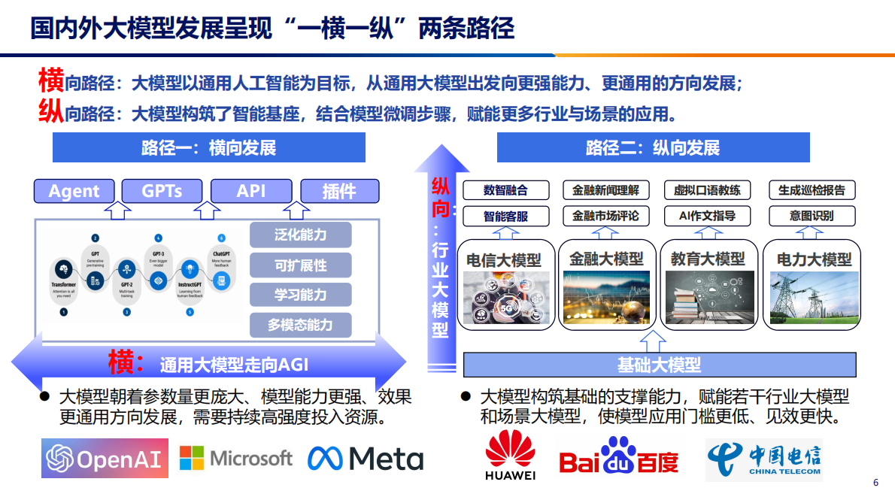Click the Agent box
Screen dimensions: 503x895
(x=74, y=191)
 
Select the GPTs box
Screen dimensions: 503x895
(x=162, y=191)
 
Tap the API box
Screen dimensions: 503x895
(x=251, y=191)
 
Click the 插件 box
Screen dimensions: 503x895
(x=338, y=191)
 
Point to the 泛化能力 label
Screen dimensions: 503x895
(x=300, y=235)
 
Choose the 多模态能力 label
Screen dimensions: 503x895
(x=300, y=325)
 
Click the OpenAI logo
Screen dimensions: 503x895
(x=105, y=458)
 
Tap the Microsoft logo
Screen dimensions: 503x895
(x=235, y=457)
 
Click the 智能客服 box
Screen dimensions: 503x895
(x=505, y=217)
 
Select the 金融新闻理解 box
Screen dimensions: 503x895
(x=605, y=190)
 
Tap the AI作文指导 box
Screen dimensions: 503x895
(x=706, y=217)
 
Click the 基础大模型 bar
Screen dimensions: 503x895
(x=659, y=365)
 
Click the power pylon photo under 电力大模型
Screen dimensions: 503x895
(x=813, y=298)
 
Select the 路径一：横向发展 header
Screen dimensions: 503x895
(x=208, y=147)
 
